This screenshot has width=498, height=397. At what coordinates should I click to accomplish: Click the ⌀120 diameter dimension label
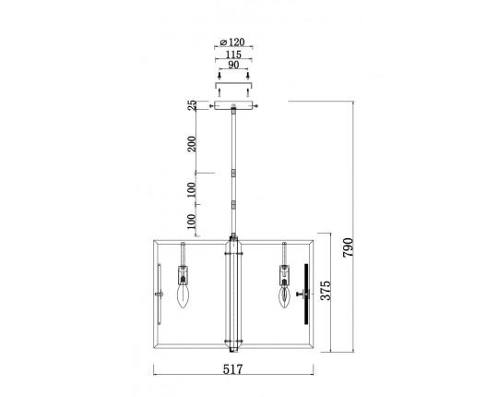pos(232,42)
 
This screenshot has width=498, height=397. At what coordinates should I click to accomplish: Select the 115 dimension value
pos(233,54)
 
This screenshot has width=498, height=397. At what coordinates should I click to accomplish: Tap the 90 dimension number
pos(233,65)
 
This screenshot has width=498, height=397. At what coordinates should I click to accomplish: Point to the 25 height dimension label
pos(192,105)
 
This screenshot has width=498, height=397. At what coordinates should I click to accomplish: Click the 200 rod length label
pos(192,144)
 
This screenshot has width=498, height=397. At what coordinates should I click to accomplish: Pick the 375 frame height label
pos(326,290)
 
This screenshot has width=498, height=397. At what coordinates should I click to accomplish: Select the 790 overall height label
pos(348,247)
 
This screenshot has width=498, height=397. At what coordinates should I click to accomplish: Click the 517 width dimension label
pos(232,369)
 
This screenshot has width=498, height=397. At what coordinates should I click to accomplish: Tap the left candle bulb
pos(183,296)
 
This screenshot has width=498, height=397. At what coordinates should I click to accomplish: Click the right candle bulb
pos(285,297)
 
